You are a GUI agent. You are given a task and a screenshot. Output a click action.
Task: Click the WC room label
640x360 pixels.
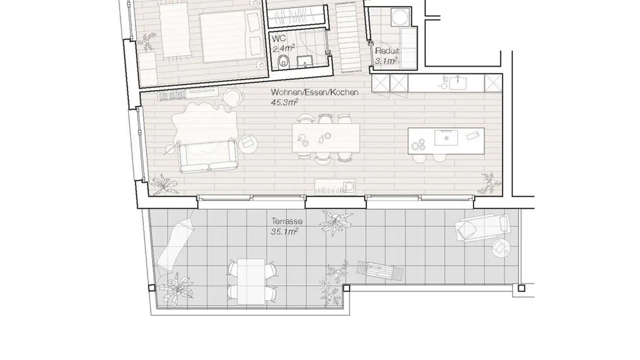[x=279, y=38]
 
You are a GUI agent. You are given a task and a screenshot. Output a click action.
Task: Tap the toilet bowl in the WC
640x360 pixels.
[x=283, y=61]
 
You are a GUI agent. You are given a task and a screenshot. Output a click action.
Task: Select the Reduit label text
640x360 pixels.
[x=387, y=51]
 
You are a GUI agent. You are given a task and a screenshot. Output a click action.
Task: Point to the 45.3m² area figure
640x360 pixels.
[x=284, y=102]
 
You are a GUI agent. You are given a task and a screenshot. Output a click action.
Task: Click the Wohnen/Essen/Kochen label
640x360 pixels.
[x=315, y=92]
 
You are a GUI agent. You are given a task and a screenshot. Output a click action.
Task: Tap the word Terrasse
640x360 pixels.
[x=287, y=221]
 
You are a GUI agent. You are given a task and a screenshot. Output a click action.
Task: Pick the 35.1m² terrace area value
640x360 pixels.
[x=284, y=231]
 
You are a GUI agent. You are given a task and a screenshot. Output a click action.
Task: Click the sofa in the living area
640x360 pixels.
[x=209, y=157]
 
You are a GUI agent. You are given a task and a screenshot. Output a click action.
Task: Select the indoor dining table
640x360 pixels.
[x=326, y=138]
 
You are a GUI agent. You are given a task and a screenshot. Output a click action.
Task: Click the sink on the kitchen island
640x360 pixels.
[x=446, y=138]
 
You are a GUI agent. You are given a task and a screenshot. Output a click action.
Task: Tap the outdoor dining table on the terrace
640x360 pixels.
[x=252, y=282]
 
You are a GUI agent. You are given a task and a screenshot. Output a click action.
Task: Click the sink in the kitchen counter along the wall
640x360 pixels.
[x=458, y=83]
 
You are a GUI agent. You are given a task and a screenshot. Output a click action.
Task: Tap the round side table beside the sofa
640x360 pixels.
[x=248, y=144]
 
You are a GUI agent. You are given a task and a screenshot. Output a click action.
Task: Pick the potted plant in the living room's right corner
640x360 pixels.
[x=490, y=184]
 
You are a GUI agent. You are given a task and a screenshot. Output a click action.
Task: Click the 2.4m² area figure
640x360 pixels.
[x=283, y=48]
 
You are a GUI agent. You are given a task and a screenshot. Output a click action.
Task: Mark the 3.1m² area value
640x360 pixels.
[x=386, y=61]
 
